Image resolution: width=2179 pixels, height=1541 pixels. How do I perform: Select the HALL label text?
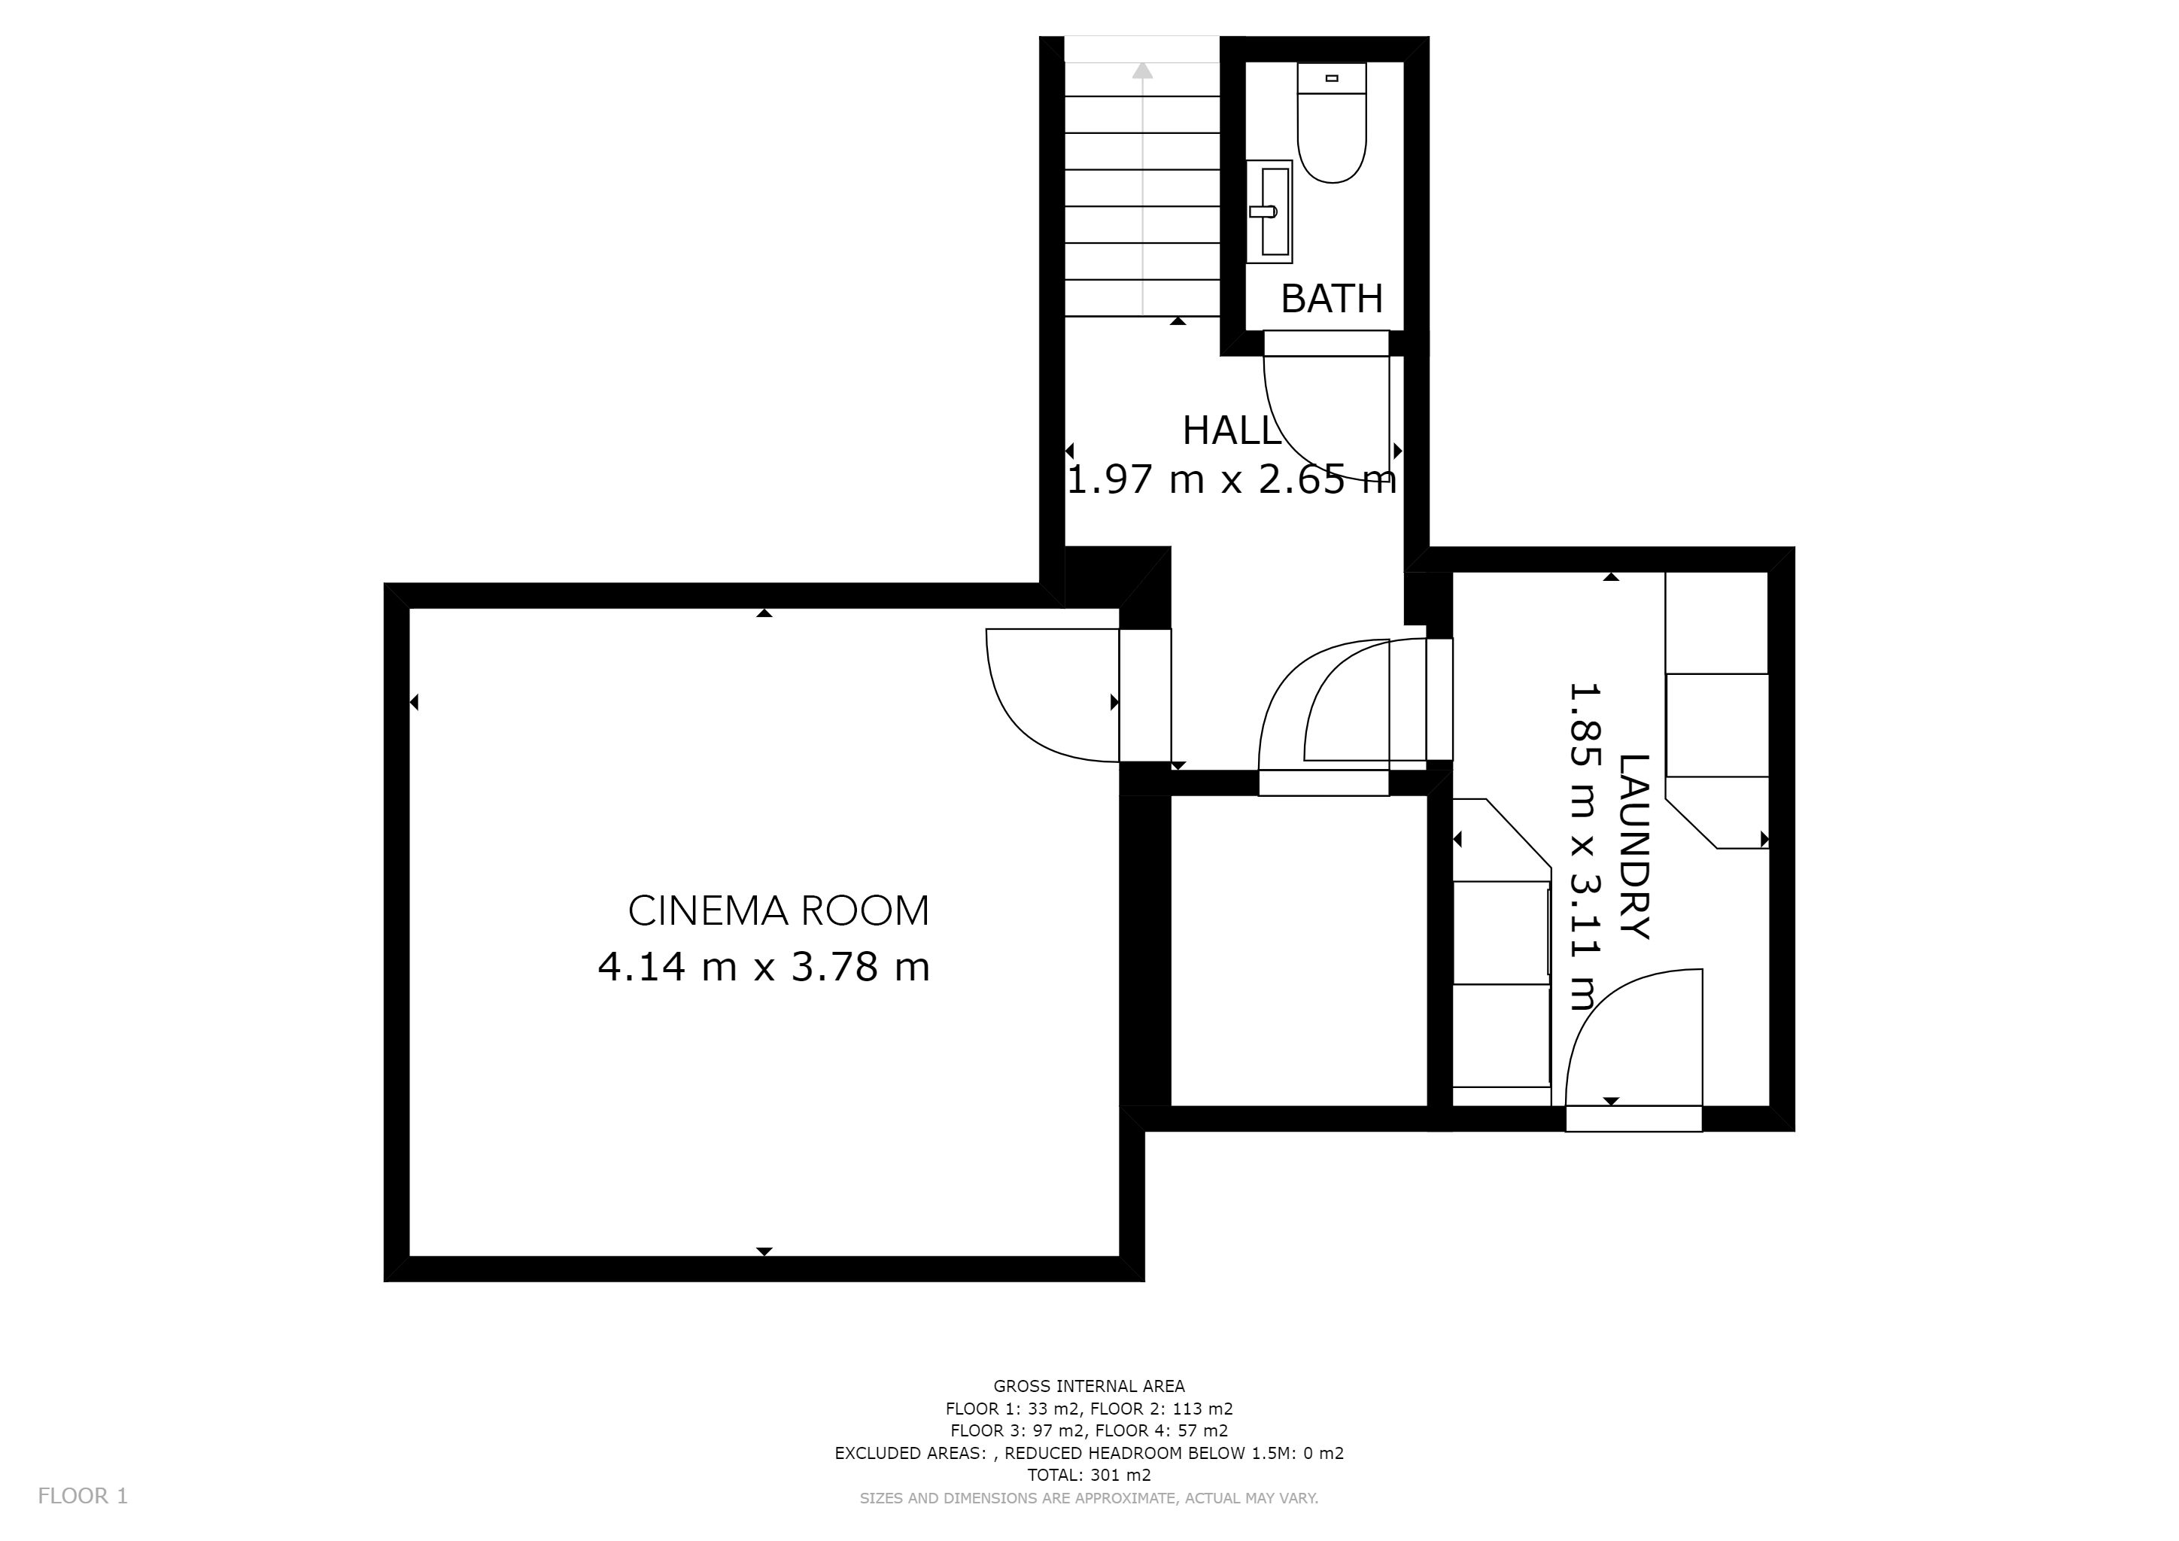1232,431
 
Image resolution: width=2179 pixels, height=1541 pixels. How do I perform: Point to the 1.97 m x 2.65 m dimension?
1232,480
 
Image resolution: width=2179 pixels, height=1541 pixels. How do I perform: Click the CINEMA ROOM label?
778,911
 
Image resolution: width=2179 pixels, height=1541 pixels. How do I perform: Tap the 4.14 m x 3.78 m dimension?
764,967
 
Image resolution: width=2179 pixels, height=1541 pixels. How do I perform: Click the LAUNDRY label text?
1634,846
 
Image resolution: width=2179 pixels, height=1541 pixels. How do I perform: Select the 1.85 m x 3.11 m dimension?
1584,846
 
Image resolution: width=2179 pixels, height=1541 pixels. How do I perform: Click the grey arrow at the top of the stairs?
1143,70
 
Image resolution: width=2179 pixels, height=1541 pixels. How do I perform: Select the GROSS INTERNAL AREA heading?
1089,1386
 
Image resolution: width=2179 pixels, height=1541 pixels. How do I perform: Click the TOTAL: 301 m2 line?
1089,1475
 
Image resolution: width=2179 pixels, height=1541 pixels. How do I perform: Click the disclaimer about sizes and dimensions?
1089,1498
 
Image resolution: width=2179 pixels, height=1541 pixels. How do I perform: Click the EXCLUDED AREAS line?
1089,1453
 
